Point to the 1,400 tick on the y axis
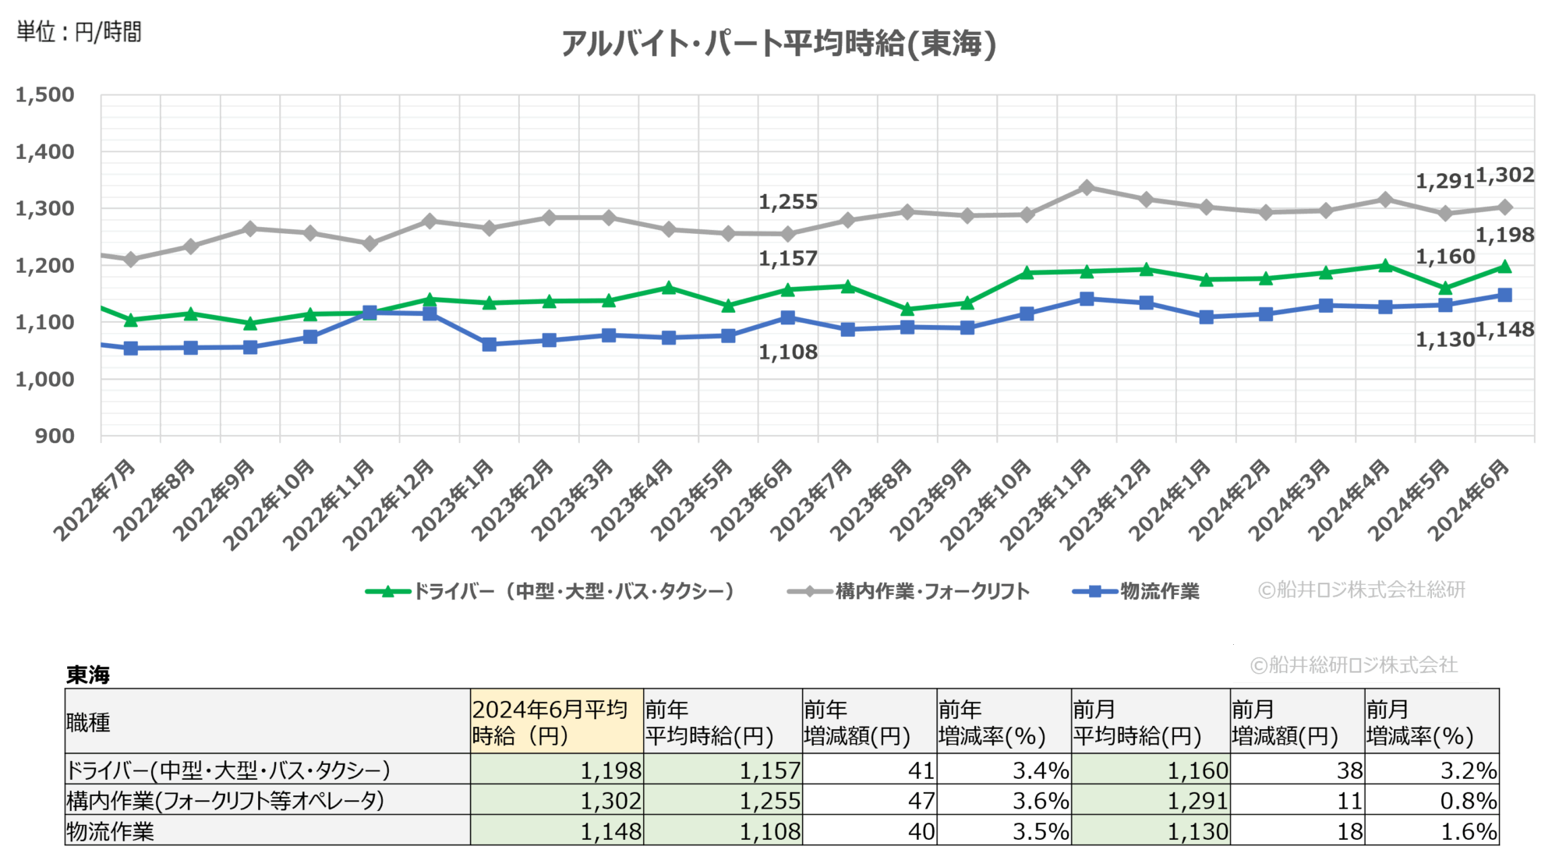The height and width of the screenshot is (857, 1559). [x=45, y=152]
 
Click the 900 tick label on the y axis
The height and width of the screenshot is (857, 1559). [x=55, y=436]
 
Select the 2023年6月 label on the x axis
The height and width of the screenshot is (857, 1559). [x=752, y=500]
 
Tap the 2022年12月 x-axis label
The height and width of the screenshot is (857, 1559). [x=389, y=504]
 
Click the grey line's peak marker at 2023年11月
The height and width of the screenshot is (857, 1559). [x=1087, y=187]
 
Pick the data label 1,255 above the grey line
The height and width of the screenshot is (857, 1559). [x=788, y=202]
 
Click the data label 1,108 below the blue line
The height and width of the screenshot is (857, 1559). [x=788, y=352]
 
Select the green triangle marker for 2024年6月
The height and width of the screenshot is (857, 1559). [x=1504, y=267]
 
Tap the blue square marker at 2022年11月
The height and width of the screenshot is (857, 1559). [x=369, y=312]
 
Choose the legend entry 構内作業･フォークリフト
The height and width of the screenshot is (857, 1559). [x=908, y=591]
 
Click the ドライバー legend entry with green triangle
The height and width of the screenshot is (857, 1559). [x=550, y=591]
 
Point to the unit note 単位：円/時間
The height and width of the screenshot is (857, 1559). [x=79, y=32]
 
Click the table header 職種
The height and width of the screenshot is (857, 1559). [x=88, y=722]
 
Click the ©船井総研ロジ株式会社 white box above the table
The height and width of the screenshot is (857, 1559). [x=1355, y=664]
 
